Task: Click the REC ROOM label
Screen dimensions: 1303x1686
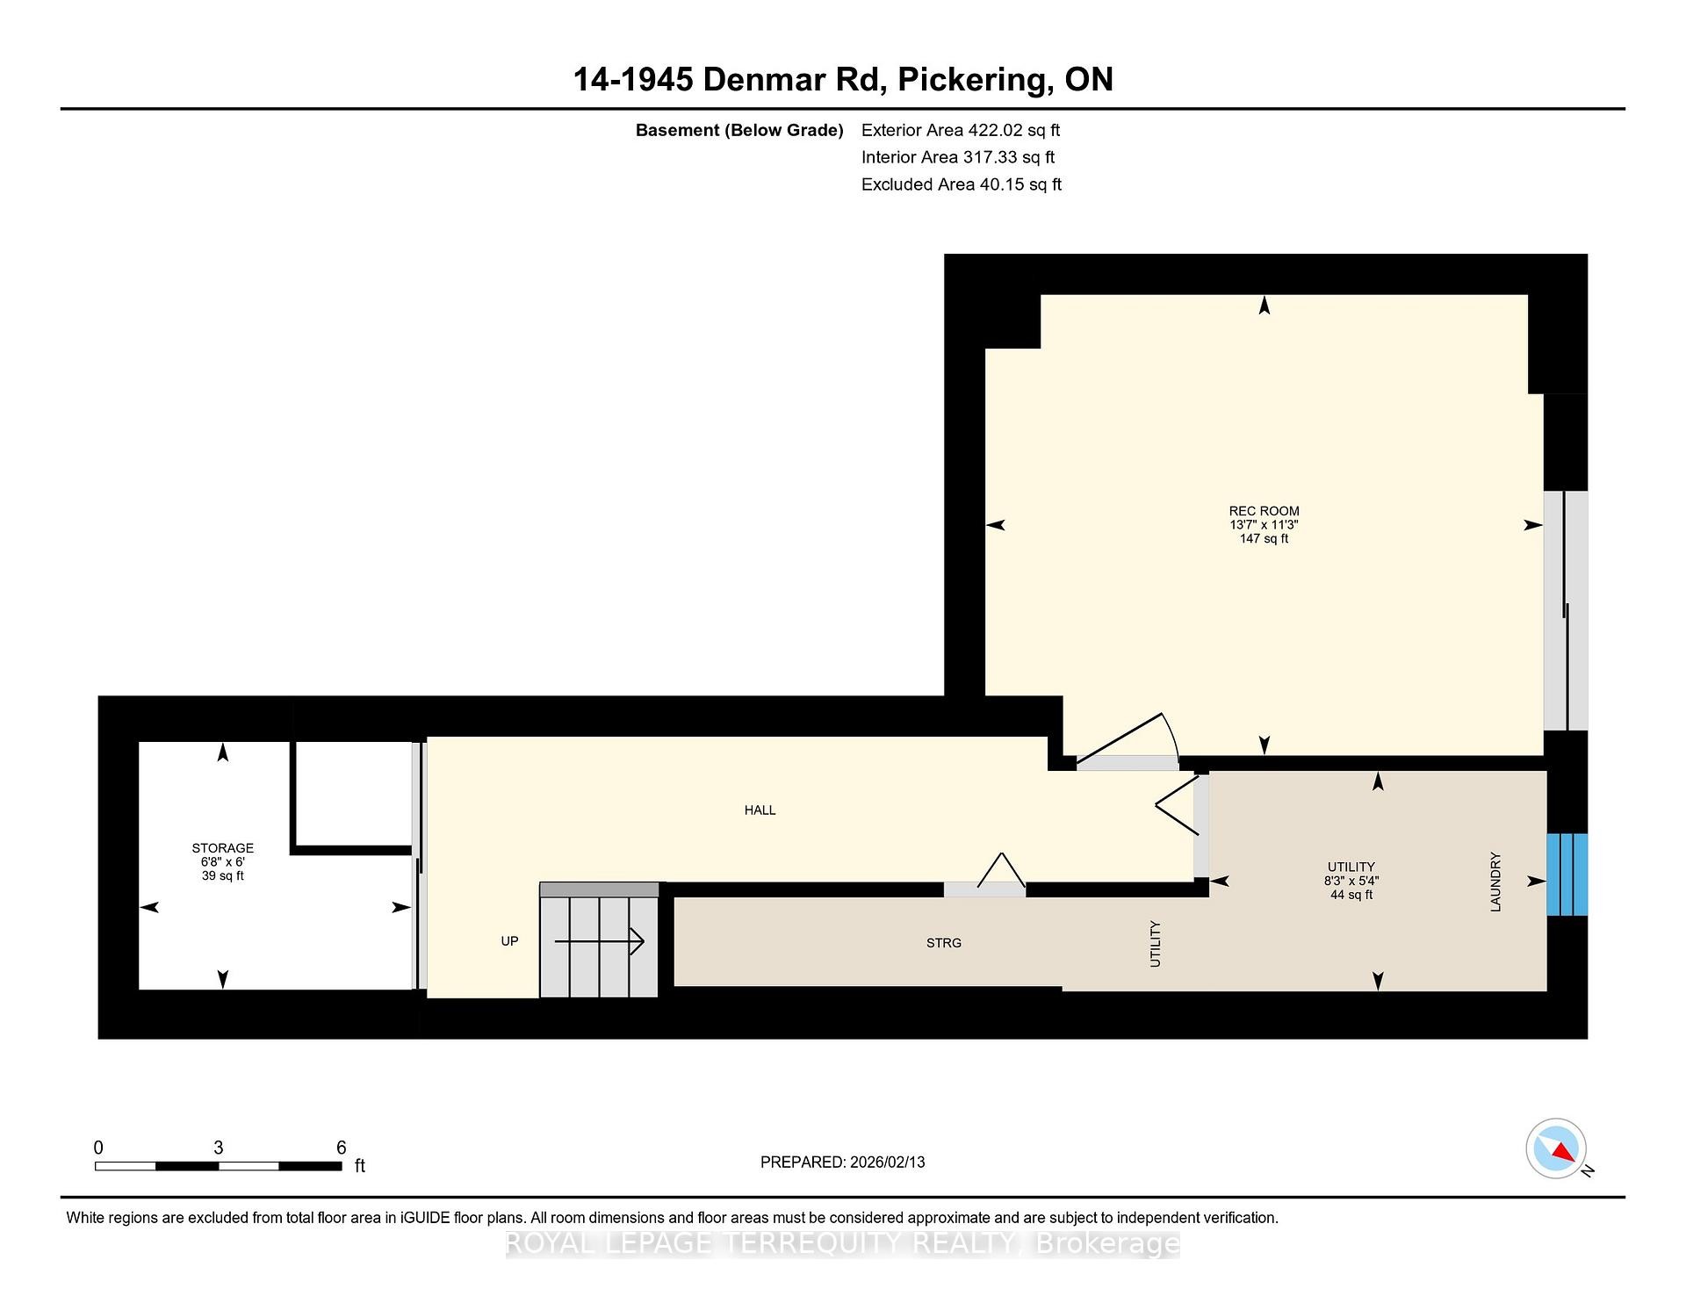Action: pos(1264,511)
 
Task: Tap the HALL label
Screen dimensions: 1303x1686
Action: pos(760,810)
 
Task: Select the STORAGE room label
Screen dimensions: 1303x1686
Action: pos(222,848)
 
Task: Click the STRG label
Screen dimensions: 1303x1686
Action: pos(944,943)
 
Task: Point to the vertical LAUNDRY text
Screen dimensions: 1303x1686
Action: pos(1495,882)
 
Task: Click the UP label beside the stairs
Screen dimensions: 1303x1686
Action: pos(509,941)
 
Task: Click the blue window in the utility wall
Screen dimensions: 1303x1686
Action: pos(1567,875)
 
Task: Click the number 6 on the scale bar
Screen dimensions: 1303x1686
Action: pos(342,1148)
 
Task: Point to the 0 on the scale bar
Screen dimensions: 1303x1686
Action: pos(98,1148)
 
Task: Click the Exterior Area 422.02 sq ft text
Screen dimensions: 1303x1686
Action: pos(961,131)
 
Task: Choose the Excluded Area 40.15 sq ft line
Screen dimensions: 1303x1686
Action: pos(961,184)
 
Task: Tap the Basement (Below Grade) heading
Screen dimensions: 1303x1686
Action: pos(739,131)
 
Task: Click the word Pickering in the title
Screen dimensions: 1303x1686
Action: pos(969,80)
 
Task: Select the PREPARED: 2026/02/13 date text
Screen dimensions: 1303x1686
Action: pos(842,1162)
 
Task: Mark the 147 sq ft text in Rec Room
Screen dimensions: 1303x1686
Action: pos(1264,539)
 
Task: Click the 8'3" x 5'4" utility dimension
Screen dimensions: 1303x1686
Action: pos(1351,881)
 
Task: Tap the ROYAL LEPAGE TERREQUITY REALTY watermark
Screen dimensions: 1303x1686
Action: pos(842,1243)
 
